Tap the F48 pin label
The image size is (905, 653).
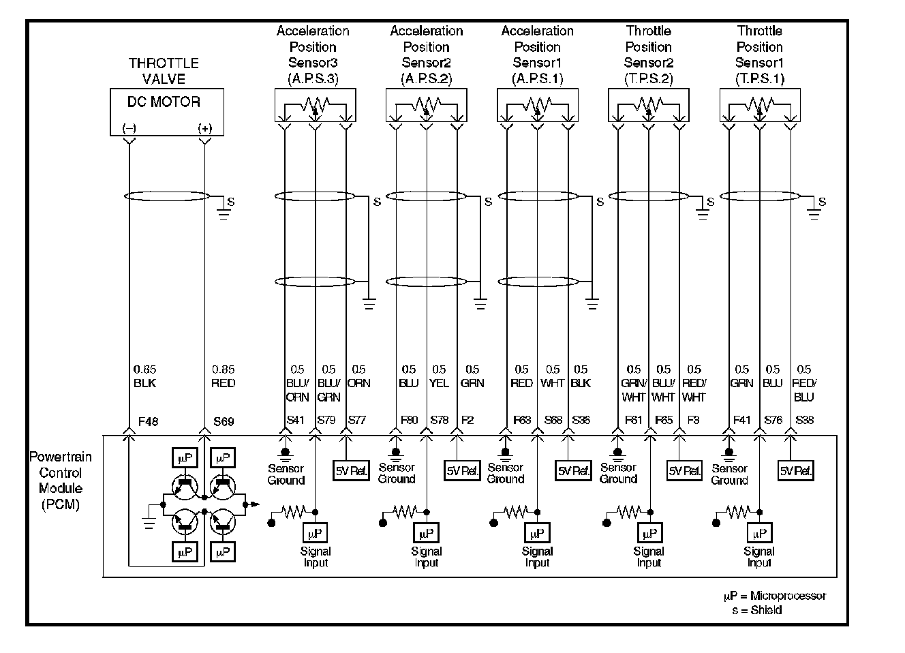click(x=148, y=421)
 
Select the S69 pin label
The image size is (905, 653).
click(x=223, y=421)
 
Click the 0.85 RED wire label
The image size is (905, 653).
click(x=223, y=376)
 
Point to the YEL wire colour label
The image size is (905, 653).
click(x=440, y=383)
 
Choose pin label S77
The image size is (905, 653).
click(x=356, y=420)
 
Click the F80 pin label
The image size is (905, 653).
click(x=408, y=420)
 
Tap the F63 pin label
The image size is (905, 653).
click(x=521, y=420)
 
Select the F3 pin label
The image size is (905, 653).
click(x=693, y=420)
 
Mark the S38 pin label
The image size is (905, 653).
click(x=804, y=420)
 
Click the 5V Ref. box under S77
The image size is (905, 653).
click(x=351, y=471)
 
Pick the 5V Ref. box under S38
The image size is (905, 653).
click(x=796, y=471)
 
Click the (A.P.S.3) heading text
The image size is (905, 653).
click(x=313, y=78)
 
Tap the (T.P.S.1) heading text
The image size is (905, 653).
click(x=759, y=78)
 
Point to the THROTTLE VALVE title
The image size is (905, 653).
click(x=164, y=71)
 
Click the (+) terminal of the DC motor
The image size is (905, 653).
click(x=204, y=128)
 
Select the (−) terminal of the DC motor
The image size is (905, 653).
click(x=129, y=128)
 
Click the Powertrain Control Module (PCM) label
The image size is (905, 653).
click(x=60, y=481)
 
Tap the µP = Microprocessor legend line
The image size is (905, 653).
click(x=775, y=596)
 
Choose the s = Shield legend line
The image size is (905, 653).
click(x=756, y=610)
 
